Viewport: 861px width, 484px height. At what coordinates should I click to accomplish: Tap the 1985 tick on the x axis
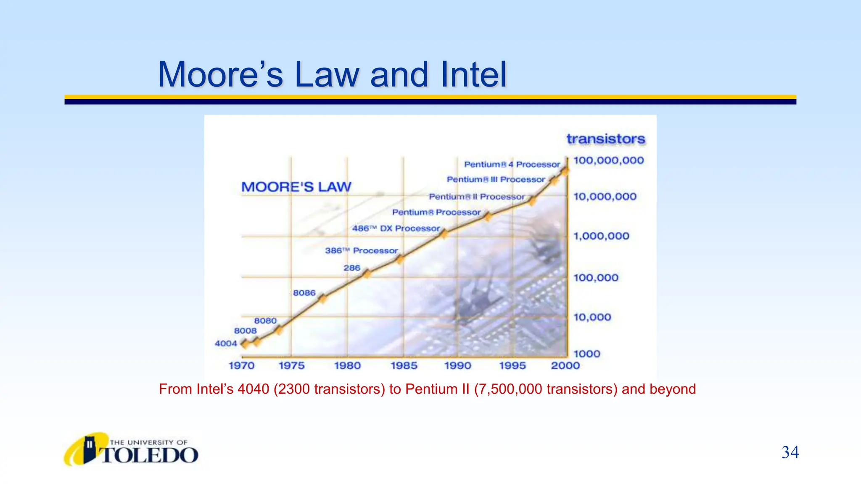click(404, 366)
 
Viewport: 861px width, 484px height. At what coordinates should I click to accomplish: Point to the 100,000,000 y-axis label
click(608, 160)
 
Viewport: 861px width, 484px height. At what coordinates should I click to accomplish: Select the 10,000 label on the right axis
click(592, 317)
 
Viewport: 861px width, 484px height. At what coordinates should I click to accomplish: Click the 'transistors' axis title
click(605, 139)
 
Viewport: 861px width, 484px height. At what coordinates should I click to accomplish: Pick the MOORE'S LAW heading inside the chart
click(296, 187)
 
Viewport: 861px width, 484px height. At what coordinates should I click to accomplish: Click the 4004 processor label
click(226, 343)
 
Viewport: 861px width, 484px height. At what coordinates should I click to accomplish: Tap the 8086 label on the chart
click(304, 293)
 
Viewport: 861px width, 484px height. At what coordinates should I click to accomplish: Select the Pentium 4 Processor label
click(512, 164)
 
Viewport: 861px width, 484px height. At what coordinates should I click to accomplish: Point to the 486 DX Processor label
click(396, 229)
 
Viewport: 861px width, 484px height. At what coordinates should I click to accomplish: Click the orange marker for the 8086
click(322, 299)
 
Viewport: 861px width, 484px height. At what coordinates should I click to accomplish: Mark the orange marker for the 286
click(367, 274)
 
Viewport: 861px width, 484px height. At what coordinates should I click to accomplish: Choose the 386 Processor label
click(361, 251)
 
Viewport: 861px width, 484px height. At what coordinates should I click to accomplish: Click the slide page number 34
click(790, 452)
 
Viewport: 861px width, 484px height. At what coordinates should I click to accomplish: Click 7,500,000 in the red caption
click(510, 389)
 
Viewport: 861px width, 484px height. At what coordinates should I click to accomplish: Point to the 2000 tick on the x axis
click(565, 366)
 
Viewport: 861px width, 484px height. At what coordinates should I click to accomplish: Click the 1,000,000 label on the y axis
click(601, 236)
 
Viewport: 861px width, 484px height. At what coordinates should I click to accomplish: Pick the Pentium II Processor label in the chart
click(476, 197)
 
